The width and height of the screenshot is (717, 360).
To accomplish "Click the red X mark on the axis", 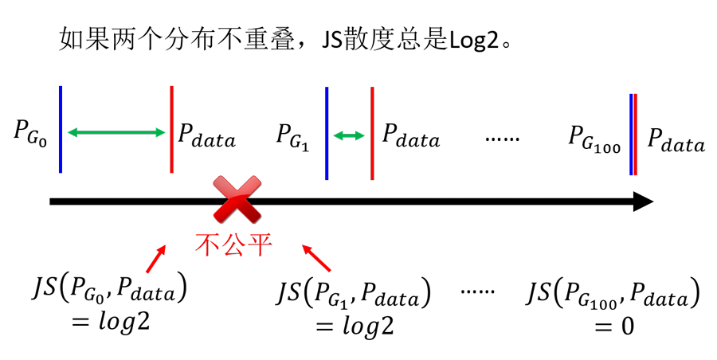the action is [237, 200].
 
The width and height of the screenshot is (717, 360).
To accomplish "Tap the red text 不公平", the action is [233, 245].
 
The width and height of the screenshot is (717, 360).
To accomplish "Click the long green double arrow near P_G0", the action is [116, 133].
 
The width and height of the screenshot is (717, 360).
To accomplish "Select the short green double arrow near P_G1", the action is [349, 135].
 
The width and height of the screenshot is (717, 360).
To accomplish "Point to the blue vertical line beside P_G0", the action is [61, 130].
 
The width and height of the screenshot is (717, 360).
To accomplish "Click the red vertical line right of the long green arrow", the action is [171, 130].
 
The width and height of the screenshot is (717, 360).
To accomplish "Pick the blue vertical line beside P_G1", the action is [327, 133].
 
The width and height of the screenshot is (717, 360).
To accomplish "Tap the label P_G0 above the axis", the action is [30, 134].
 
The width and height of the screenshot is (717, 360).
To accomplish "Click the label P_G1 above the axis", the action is [292, 137].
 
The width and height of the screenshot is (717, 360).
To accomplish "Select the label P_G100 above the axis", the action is [594, 139].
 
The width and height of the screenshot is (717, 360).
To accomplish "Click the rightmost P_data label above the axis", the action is [676, 139].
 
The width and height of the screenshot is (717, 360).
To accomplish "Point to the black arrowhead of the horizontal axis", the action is [643, 202].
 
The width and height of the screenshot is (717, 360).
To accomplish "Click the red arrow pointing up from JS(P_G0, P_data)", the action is [155, 259].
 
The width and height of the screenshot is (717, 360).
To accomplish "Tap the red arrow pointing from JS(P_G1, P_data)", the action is [316, 258].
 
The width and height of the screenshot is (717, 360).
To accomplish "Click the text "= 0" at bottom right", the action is [613, 327].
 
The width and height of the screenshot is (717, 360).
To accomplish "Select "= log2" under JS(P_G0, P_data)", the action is [110, 322].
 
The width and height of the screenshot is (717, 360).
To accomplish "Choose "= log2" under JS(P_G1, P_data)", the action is [355, 326].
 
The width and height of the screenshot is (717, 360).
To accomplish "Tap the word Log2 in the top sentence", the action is [473, 41].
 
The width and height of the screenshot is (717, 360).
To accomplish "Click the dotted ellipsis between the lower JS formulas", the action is [477, 292].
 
